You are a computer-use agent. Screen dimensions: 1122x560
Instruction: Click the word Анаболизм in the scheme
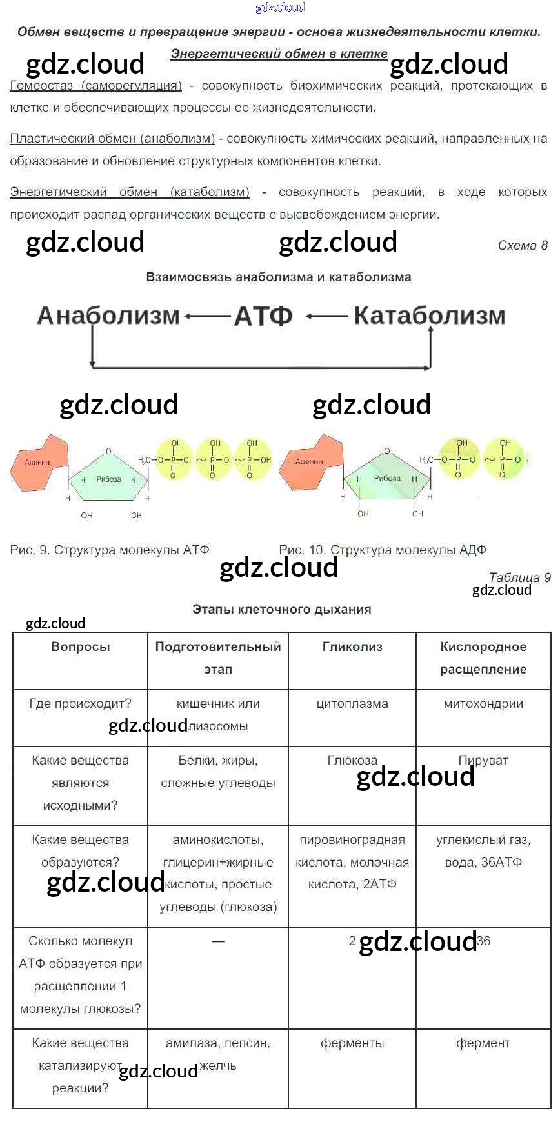108,316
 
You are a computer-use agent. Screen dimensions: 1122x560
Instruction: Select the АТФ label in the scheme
263,316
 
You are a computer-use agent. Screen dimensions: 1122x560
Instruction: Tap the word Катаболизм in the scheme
430,316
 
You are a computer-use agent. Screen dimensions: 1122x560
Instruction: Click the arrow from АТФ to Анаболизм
207,316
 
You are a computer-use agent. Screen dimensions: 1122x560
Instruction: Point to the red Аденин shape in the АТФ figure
39,461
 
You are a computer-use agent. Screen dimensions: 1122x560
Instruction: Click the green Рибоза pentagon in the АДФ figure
387,481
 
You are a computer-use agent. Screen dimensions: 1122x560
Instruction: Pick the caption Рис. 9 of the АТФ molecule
110,550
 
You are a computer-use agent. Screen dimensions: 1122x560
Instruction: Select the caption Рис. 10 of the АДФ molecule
383,550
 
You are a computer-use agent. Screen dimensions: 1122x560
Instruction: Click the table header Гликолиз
352,646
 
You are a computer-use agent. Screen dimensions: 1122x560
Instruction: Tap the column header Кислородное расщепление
483,657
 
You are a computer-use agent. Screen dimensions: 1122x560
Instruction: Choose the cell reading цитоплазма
352,703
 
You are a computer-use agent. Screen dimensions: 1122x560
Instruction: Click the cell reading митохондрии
483,703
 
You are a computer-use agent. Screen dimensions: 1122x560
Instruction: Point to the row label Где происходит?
81,703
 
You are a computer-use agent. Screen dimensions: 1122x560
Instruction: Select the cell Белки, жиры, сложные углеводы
218,772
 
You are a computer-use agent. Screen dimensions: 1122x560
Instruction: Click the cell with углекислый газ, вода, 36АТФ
483,850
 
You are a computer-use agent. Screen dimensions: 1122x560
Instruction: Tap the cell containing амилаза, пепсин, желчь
218,1054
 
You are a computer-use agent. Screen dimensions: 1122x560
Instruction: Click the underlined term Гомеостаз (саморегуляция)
96,86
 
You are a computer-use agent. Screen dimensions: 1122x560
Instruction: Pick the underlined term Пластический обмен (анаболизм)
113,139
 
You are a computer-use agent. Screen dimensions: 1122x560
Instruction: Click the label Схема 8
523,245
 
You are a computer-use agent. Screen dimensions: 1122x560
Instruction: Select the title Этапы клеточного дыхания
282,609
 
